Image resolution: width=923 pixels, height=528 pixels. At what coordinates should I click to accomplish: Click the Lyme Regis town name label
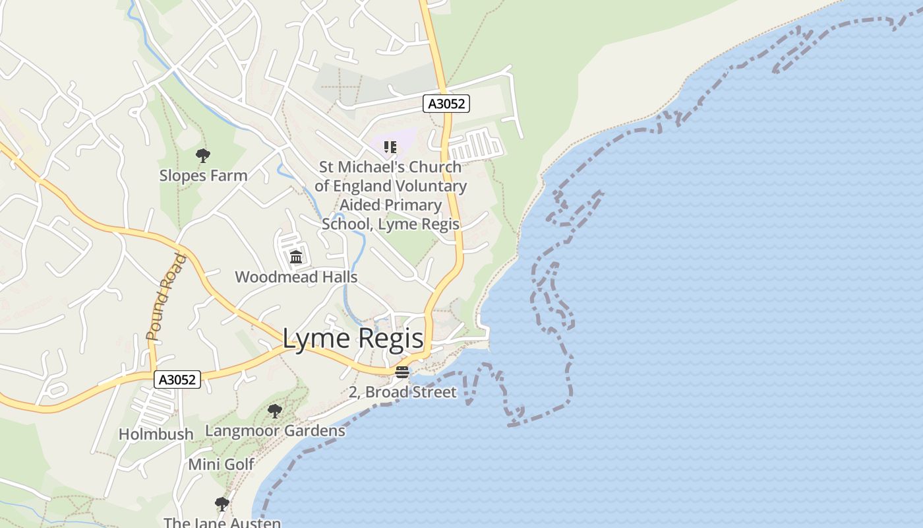(353, 339)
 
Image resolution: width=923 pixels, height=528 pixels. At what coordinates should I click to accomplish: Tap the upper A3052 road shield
(446, 104)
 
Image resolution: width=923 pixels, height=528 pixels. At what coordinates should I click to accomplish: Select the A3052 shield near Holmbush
(177, 379)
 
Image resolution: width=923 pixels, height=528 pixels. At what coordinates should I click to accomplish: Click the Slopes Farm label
(203, 176)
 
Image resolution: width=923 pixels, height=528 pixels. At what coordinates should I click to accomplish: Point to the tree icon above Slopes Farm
(203, 156)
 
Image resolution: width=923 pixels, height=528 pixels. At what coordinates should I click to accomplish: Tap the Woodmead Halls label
(296, 277)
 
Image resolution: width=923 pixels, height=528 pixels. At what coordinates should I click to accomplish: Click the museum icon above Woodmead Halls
(296, 257)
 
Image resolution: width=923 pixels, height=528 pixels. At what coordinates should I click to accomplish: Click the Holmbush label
(156, 434)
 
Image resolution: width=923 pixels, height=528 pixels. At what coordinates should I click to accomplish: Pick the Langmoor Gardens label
(275, 431)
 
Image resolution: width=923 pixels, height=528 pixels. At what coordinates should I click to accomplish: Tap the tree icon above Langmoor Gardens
(275, 411)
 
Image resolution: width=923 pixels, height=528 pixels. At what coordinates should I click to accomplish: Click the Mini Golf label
(222, 465)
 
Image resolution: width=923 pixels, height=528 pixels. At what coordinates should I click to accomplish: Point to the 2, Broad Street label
(402, 392)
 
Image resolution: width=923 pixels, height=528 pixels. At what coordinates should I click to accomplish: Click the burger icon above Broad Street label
(402, 372)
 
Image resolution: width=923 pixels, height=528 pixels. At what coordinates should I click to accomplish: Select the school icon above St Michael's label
(390, 147)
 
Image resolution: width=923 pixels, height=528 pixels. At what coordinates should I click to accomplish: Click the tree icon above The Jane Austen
(222, 504)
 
